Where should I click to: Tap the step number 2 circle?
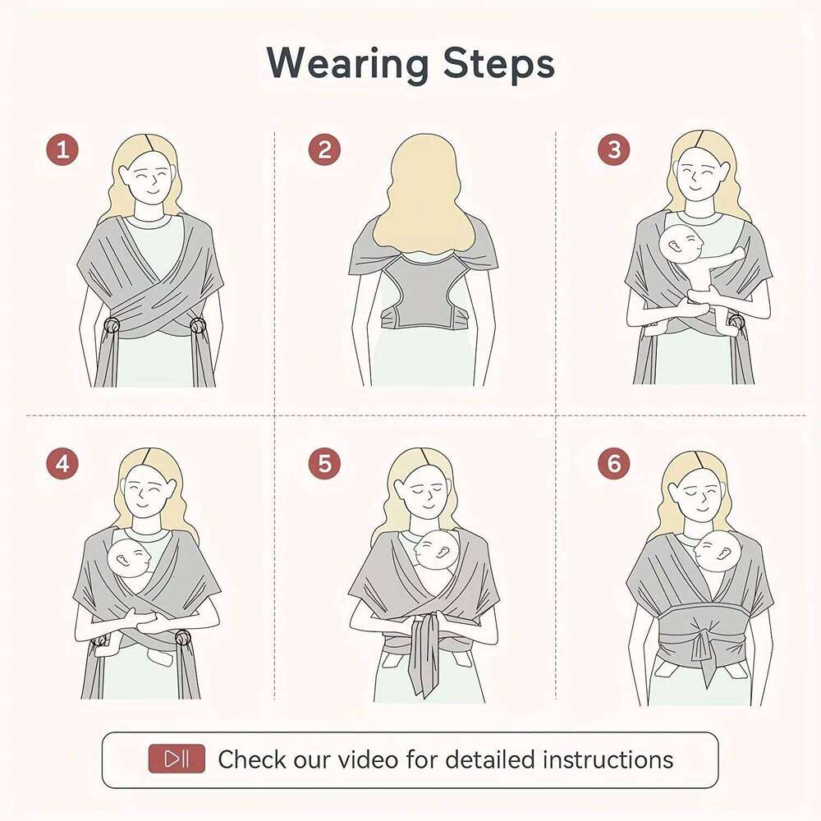pos(324,150)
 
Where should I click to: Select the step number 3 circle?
pos(613,150)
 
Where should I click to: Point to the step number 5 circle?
pos(324,464)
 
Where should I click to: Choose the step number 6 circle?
pos(613,464)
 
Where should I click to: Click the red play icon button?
pos(177,759)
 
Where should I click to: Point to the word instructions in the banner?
pos(608,759)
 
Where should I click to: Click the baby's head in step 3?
pos(684,245)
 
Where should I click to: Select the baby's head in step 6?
pos(718,552)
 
